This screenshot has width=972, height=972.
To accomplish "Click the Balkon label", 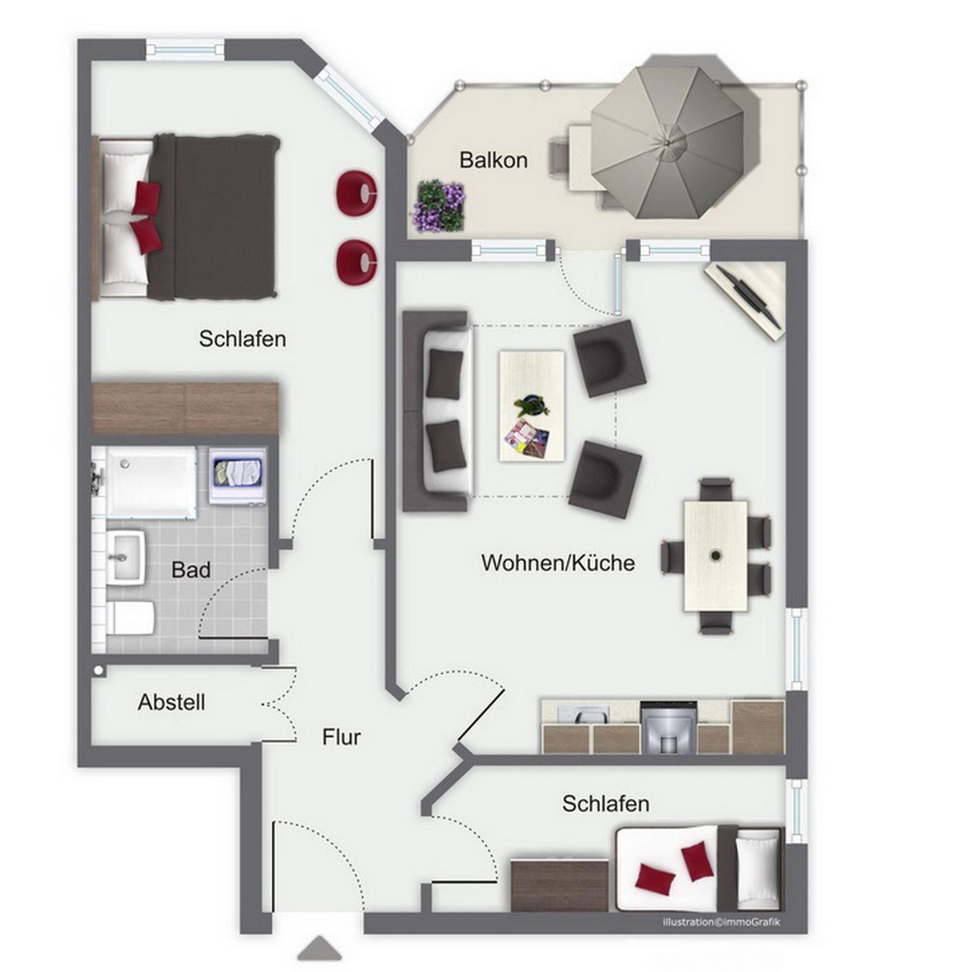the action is (493, 160).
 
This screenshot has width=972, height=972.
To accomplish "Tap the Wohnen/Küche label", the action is (558, 562).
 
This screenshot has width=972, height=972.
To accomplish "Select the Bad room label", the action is (190, 570).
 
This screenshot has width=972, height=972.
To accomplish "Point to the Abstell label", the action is (171, 702).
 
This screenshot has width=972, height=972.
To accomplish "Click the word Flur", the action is (342, 737).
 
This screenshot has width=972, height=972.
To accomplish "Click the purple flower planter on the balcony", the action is (439, 207).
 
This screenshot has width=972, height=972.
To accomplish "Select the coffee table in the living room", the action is (532, 406).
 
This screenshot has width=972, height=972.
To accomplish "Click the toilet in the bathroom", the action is (130, 618).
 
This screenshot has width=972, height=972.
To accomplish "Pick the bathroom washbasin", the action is (126, 558).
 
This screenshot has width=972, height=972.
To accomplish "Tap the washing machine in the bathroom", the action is (238, 476).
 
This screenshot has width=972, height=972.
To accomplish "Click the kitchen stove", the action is (669, 727).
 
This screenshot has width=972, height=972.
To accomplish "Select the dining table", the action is (715, 556).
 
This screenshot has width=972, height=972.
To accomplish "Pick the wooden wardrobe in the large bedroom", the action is (185, 408).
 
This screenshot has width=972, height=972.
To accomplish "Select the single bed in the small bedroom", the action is (699, 869).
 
